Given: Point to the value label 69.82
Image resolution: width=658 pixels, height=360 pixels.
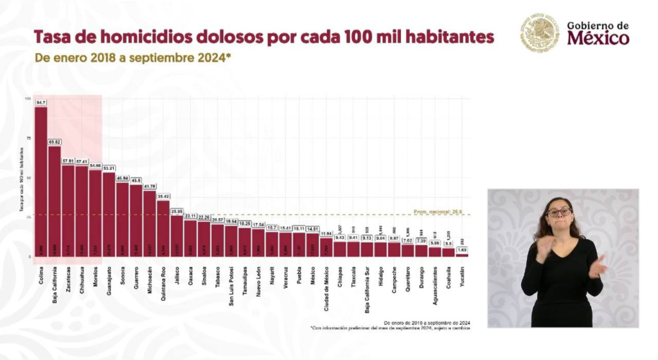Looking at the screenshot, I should [x=55, y=142].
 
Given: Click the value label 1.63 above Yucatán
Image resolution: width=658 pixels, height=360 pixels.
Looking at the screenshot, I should [x=463, y=250].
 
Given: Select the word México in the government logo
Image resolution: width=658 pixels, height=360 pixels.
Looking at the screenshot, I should [x=598, y=39].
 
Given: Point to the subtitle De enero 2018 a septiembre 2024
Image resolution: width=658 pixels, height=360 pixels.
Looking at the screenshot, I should [x=132, y=57].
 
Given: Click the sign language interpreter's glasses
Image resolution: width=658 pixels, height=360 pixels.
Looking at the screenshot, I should [x=558, y=212].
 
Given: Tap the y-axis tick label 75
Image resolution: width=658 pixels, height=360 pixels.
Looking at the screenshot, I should [x=28, y=138].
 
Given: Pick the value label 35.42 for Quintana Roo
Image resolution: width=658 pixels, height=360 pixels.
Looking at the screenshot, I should [x=163, y=196].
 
